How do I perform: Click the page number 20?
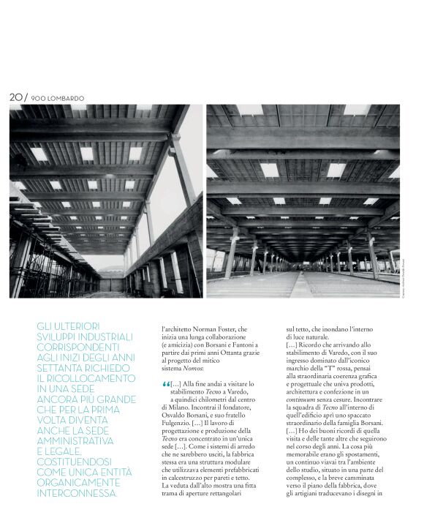(17, 97)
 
